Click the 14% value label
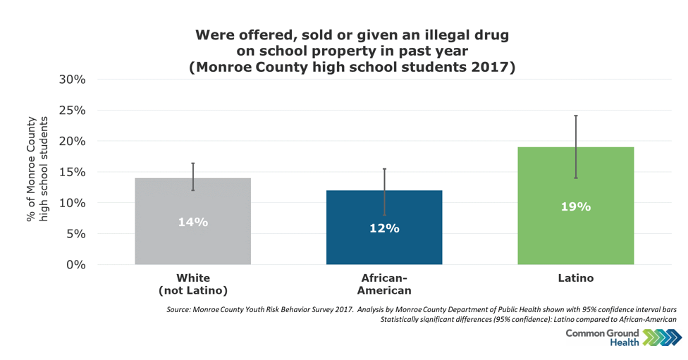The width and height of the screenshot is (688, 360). tap(192, 222)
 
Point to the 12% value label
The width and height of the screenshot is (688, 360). tap(384, 228)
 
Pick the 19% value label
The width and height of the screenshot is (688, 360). tap(576, 207)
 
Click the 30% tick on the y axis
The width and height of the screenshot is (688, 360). tap(72, 80)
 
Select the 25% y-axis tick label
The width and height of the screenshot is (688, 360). tap(72, 111)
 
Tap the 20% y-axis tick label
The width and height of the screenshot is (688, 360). tap(72, 142)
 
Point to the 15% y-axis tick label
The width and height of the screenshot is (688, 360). tap(72, 173)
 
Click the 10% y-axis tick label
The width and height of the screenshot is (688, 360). tap(72, 203)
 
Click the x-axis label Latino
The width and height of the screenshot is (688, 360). tap(576, 278)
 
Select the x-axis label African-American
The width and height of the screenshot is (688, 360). tap(384, 284)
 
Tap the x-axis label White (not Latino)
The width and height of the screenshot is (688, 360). tap(192, 284)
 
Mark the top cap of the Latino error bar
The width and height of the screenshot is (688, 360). tap(576, 116)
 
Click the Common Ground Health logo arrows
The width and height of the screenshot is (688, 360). tap(661, 337)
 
